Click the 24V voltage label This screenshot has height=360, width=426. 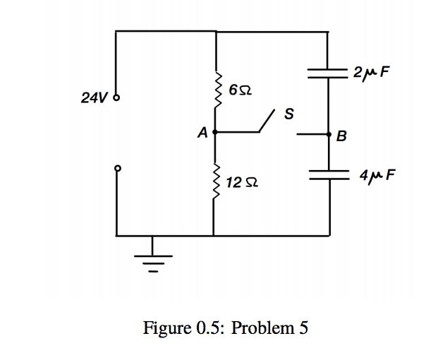pos(94,98)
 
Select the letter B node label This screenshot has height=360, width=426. pos(342,137)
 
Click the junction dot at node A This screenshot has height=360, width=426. pos(214,131)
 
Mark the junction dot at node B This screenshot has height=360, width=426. pos(329,133)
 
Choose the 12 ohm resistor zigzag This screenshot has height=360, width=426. pos(216,184)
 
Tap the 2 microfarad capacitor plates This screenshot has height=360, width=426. pos(329,72)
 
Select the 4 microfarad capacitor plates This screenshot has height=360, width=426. pos(329,174)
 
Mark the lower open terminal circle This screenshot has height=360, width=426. pos(117,168)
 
